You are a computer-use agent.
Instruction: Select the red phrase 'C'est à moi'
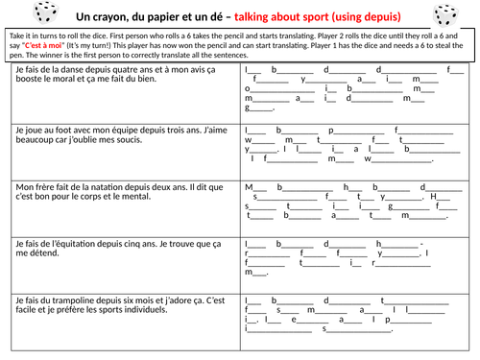point(43,45)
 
